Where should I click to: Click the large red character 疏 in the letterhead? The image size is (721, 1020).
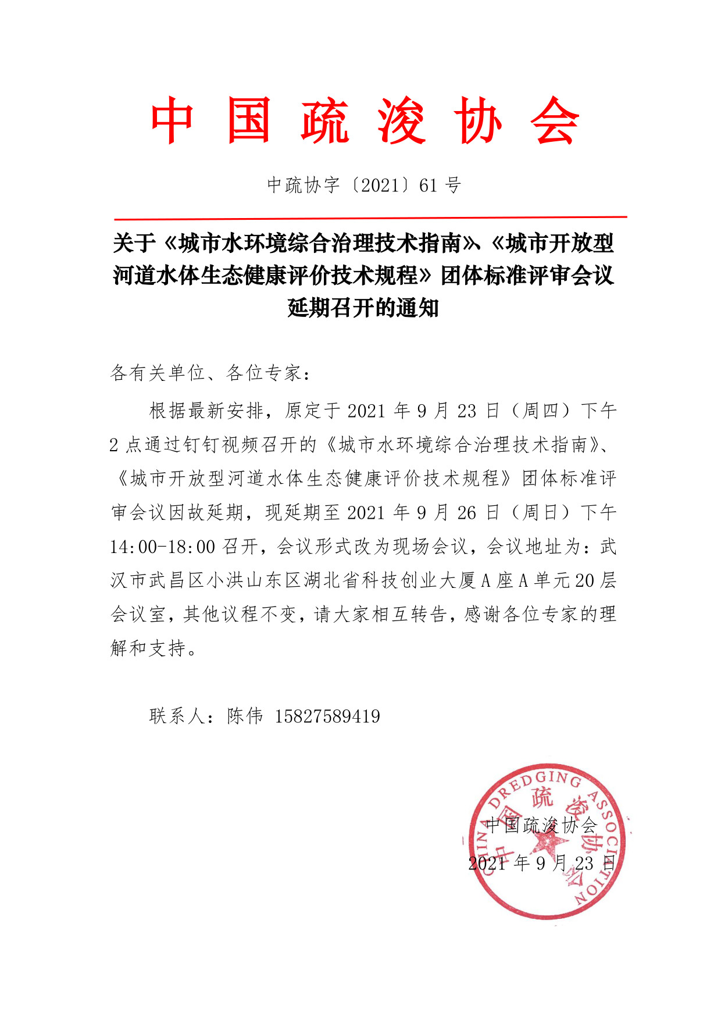pos(325,121)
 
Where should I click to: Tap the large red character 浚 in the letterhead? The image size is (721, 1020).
pos(402,121)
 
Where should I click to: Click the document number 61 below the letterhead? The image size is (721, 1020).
pos(428,186)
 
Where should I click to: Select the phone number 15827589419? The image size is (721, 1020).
pos(327,716)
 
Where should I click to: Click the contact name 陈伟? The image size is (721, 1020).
pos(245,716)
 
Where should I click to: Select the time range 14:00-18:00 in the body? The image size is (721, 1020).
pos(162,547)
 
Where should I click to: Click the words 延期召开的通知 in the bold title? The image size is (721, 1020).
pos(363,308)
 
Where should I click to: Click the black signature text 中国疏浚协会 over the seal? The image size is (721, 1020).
pos(541,825)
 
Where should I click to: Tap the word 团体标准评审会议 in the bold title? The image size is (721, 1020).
pos(527,275)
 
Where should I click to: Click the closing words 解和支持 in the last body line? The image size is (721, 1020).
pos(148,648)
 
